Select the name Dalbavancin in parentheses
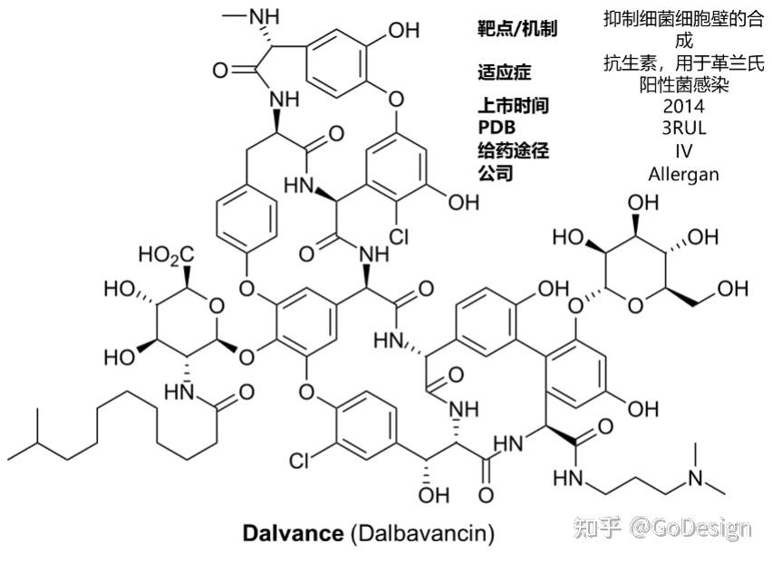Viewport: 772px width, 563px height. pos(421,533)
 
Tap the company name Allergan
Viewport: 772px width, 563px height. pos(683,173)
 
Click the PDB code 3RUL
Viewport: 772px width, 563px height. pos(683,128)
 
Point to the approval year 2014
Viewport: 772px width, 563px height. pos(683,106)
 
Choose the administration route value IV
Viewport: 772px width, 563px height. pos(683,150)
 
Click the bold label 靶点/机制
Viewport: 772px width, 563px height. pos(517,29)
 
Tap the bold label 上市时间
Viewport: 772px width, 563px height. pos(513,106)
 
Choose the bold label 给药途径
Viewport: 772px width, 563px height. pos(513,150)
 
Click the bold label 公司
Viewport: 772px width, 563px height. pos(495,173)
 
